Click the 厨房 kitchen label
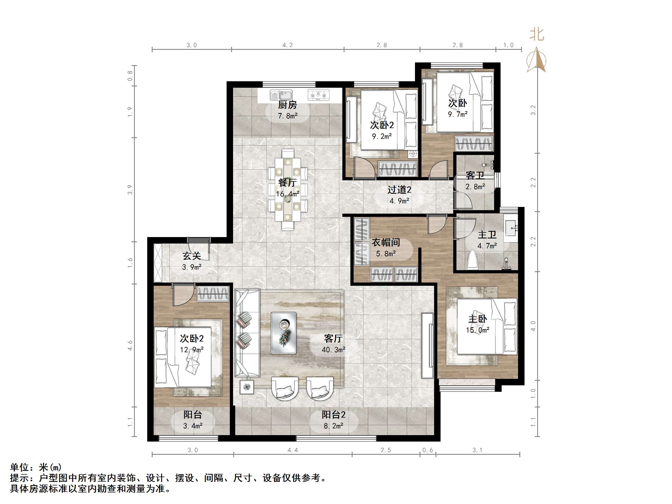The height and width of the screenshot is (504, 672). (x=287, y=105)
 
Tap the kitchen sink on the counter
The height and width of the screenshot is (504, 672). (x=281, y=95)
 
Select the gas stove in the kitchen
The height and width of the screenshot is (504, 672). (x=318, y=95)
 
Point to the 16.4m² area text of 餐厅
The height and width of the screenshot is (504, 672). (x=287, y=194)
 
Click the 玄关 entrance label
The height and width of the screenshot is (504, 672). (x=192, y=256)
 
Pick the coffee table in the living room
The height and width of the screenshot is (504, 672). (x=283, y=333)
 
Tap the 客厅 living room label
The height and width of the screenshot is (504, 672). (x=333, y=338)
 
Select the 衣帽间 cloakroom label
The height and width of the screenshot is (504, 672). (x=386, y=242)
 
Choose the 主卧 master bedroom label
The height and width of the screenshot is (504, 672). (x=478, y=319)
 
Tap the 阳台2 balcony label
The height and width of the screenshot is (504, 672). (x=333, y=415)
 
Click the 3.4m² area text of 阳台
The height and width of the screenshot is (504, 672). (x=193, y=426)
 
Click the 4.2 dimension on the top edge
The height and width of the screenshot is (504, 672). (x=287, y=45)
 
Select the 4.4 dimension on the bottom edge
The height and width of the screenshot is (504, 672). (x=293, y=450)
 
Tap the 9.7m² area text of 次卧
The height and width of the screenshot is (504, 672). (x=458, y=114)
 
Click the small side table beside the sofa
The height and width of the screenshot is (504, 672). (x=247, y=387)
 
